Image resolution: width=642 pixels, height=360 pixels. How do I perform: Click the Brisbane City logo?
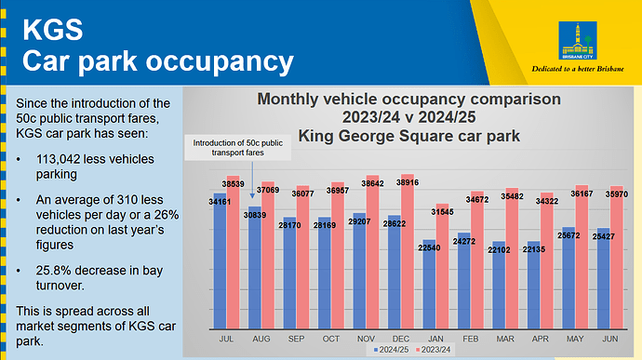(580, 38)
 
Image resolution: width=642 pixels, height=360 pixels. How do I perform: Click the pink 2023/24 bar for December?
(408, 251)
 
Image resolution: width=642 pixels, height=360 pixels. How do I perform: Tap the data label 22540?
(429, 247)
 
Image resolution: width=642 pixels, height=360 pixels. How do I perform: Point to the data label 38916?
(408, 181)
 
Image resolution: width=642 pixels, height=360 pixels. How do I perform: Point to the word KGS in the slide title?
(52, 31)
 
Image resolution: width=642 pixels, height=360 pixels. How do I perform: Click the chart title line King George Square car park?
(408, 136)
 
